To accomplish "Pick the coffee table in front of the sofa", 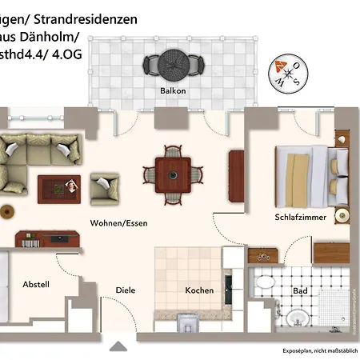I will (x=60, y=187).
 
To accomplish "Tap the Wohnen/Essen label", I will (x=118, y=223).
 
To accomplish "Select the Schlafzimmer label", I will (x=299, y=217).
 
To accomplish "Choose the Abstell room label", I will (x=36, y=285).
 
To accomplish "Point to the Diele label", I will (x=126, y=290).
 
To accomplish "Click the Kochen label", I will (x=199, y=290).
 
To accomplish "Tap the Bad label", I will (x=300, y=290).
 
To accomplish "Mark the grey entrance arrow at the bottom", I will (x=119, y=346).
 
